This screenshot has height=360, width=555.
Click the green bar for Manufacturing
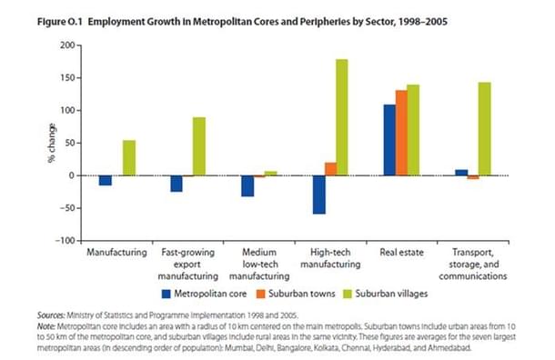(129, 158)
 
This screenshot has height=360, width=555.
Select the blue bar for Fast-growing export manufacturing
(177, 184)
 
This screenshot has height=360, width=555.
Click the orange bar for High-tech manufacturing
(330, 169)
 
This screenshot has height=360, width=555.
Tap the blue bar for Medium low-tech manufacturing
(247, 185)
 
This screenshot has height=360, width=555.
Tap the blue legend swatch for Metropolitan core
(167, 294)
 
